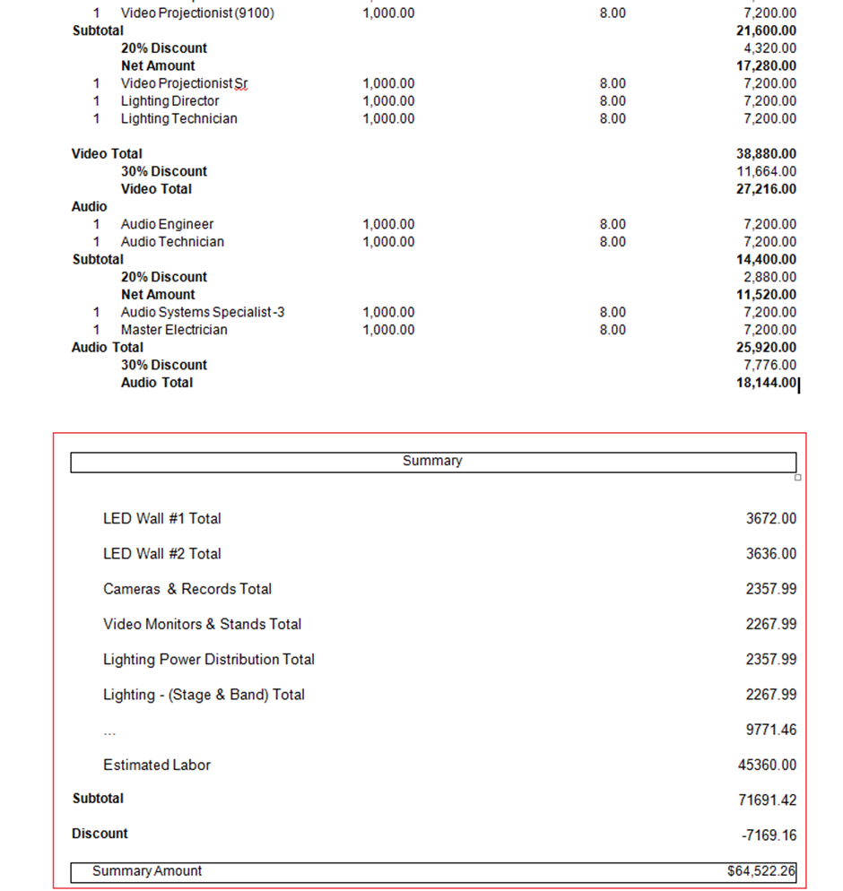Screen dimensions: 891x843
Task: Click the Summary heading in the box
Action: tap(432, 461)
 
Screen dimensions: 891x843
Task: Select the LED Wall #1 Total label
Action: tap(161, 518)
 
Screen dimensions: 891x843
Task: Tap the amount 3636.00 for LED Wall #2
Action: tap(770, 554)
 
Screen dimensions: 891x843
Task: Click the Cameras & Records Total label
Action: tap(187, 589)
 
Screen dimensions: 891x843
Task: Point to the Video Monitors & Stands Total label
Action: tap(202, 624)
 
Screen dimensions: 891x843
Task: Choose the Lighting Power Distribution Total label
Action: tap(209, 659)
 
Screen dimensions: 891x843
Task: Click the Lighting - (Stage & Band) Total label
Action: tap(204, 695)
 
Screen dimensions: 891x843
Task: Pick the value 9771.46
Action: tap(770, 730)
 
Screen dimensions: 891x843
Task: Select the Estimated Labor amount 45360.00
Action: tap(766, 765)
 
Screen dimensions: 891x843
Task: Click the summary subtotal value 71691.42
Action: tap(766, 800)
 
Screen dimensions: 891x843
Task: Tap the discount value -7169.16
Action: tap(769, 835)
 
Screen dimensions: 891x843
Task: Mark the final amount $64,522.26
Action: tap(761, 870)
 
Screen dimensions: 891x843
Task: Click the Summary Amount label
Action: tap(147, 870)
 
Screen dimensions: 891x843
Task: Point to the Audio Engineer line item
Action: tap(167, 224)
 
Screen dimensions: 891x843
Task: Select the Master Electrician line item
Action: tap(174, 330)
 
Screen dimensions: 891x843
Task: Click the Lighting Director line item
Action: tap(169, 101)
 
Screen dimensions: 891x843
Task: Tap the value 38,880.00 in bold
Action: tap(766, 154)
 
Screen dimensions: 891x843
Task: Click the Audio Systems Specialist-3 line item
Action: tap(203, 312)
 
